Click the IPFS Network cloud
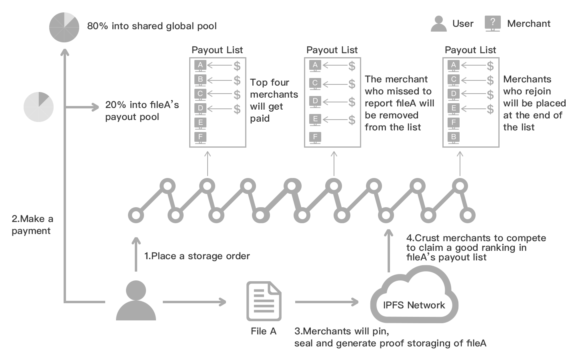pos(414,298)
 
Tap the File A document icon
pos(264,301)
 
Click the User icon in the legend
pos(438,24)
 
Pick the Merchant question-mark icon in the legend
pos(492,23)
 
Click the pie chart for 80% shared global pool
pos(64,27)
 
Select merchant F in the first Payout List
pos(200,137)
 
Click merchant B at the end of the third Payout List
pos(453,137)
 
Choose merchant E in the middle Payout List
pos(315,119)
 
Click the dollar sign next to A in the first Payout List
pos(237,66)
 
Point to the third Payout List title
pos(470,50)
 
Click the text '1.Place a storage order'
pos(197,256)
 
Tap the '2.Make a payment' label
pos(32,224)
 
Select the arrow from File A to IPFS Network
pos(326,302)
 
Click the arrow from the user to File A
pos(194,302)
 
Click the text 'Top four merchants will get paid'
pos(274,100)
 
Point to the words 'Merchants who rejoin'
pos(527,85)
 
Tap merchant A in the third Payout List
pos(453,65)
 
